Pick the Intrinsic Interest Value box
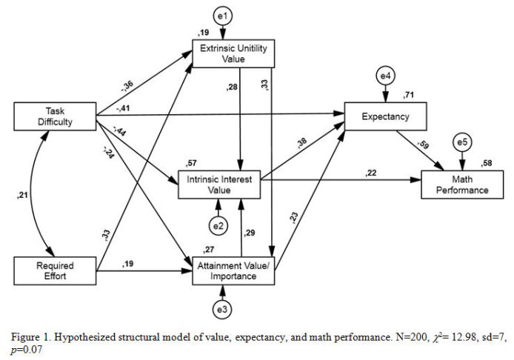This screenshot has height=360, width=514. [x=219, y=184]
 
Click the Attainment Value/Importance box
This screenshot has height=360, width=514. [x=234, y=271]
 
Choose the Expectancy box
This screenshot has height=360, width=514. [x=387, y=116]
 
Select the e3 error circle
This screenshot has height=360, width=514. [x=223, y=308]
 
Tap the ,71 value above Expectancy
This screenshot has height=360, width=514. [x=407, y=96]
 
